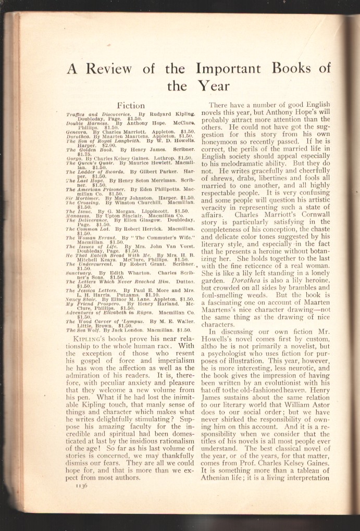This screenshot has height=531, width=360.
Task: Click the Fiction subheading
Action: pos(131,106)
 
